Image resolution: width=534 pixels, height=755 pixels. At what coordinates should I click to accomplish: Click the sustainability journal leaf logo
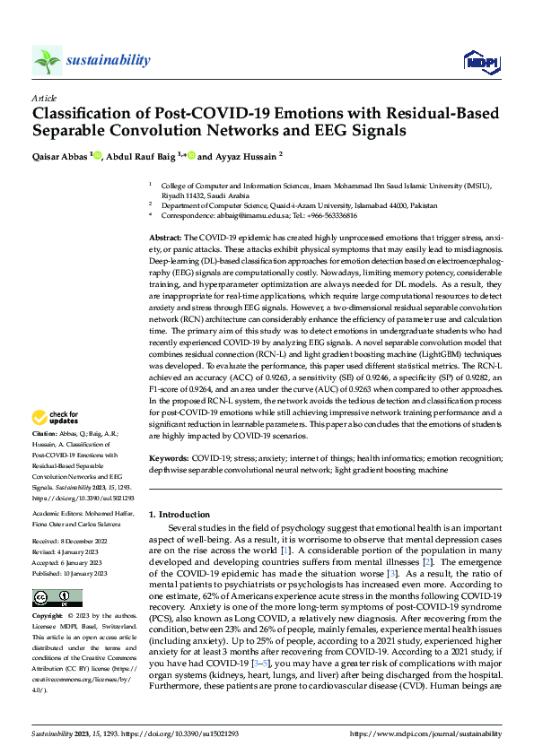[x=46, y=60]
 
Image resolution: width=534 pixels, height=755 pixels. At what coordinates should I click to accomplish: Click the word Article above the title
[x=43, y=98]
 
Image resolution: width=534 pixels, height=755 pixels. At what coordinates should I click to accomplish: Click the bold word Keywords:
[x=168, y=458]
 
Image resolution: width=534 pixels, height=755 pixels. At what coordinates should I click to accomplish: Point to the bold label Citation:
[x=45, y=433]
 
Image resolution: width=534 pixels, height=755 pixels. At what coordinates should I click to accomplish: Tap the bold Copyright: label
[x=48, y=593]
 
